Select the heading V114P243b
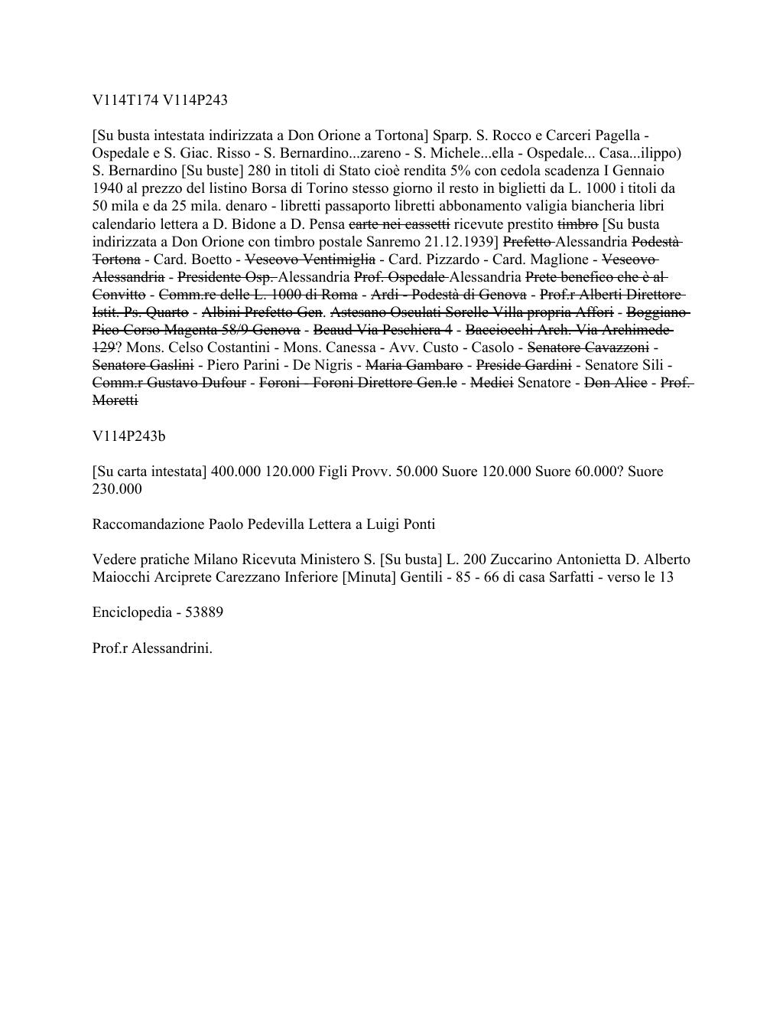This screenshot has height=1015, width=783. (128, 436)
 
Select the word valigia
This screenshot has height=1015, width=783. (530, 206)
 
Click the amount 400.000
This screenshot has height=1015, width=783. (236, 472)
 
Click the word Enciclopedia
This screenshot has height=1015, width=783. (129, 612)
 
